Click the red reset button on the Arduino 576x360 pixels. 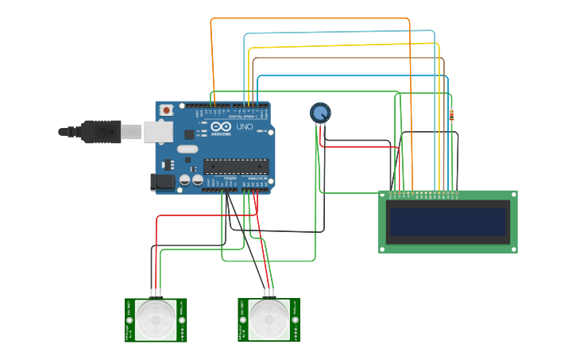point(166,110)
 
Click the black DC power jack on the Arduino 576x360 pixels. point(162,182)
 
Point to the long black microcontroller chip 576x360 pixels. point(235,166)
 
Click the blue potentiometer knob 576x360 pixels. point(320,113)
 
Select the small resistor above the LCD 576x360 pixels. point(452,116)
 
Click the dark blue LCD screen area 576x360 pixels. point(446,222)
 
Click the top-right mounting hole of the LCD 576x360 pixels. point(512,195)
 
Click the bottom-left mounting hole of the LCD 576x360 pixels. point(383,249)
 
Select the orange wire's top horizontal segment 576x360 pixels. point(310,18)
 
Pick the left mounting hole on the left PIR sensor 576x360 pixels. point(129,321)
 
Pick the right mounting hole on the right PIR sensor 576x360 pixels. point(295,321)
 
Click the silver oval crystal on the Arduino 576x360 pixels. point(187,149)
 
